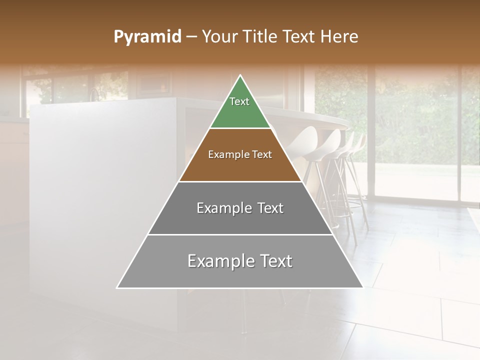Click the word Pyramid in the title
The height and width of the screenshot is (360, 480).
point(147,37)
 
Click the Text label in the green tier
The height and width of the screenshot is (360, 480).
point(239,101)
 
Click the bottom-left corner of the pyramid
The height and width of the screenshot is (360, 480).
point(117,287)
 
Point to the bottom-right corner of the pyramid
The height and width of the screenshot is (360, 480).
point(362,287)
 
